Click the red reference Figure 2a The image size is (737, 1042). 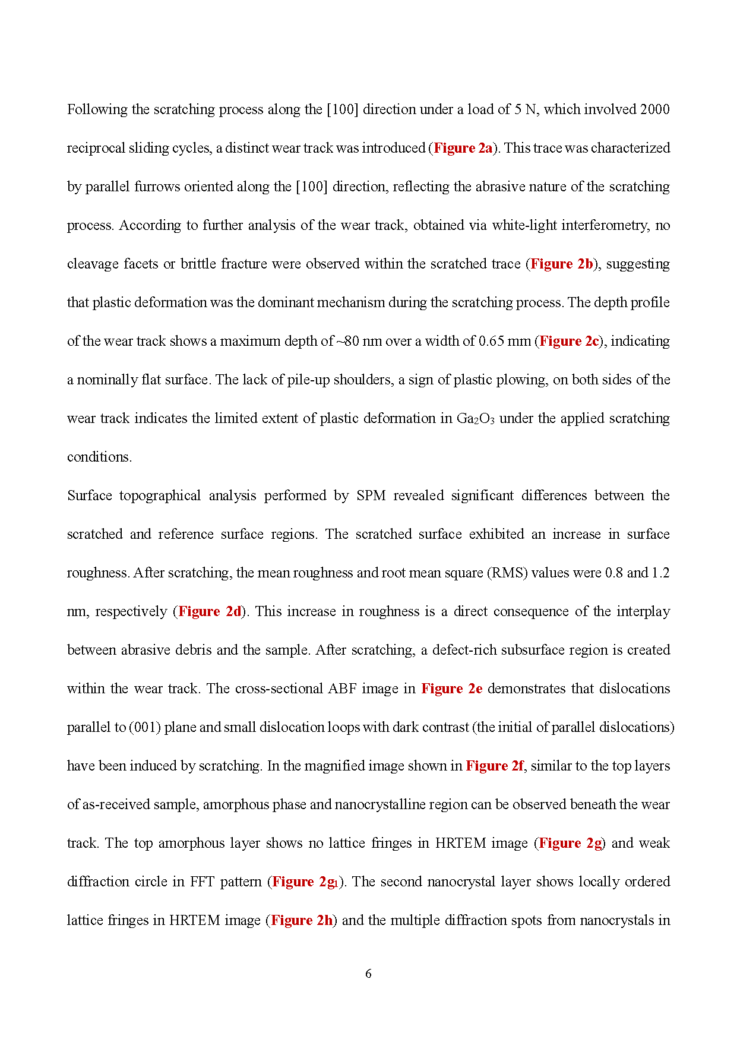click(x=463, y=148)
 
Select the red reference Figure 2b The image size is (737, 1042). click(x=561, y=264)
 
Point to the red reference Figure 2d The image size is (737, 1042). click(x=210, y=611)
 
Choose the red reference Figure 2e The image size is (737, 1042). click(x=451, y=689)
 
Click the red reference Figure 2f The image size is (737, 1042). click(x=495, y=766)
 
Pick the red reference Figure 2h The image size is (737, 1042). click(x=302, y=920)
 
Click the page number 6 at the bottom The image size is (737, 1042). click(x=368, y=974)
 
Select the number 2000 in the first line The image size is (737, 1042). click(x=654, y=109)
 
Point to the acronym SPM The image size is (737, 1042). click(x=371, y=495)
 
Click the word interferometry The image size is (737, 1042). click(x=604, y=225)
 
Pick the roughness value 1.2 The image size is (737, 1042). click(x=660, y=573)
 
